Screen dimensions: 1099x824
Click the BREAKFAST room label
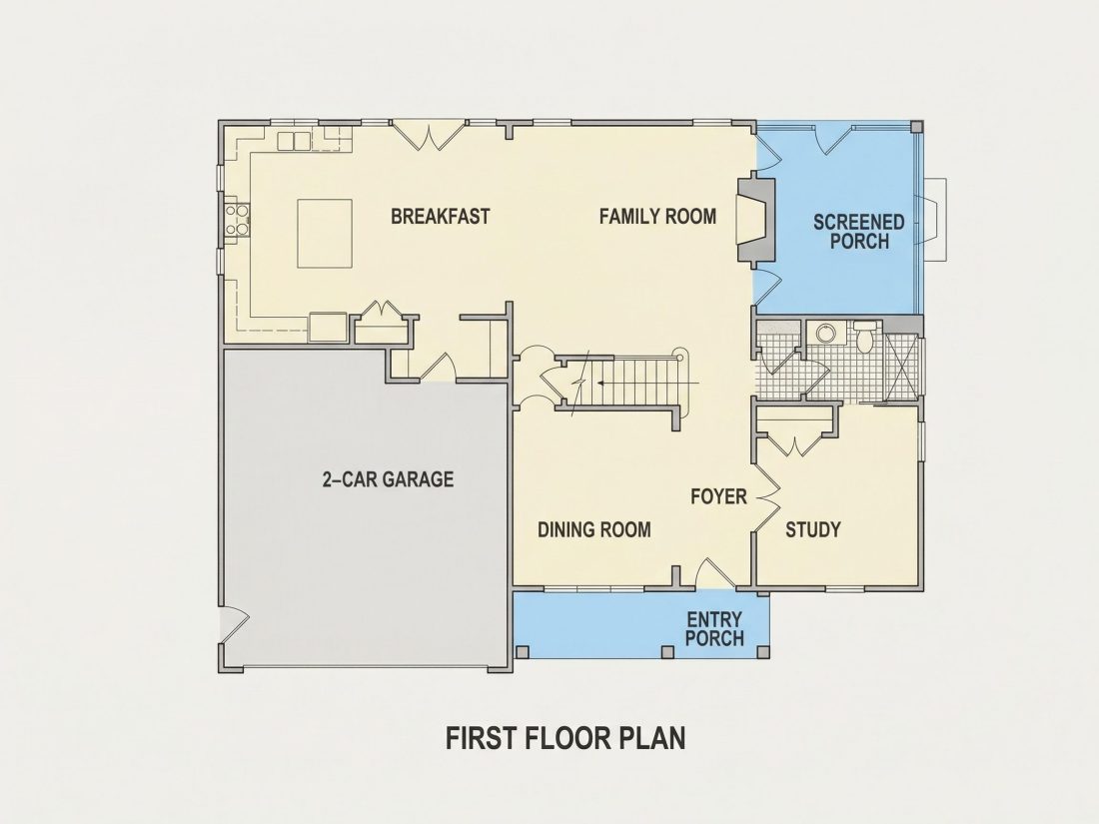[x=441, y=216]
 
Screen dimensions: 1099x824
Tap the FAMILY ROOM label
[x=657, y=216]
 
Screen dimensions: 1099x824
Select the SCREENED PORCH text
[x=858, y=232]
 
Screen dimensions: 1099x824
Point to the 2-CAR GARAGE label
[x=388, y=479]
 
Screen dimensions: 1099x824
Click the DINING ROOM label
[x=593, y=529]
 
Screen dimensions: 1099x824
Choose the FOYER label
[x=718, y=496]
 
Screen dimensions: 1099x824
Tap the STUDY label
[x=812, y=529]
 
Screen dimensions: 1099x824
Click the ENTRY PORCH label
[x=714, y=629]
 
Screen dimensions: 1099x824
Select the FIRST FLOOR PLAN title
[x=565, y=738]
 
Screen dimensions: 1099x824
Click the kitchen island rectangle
[x=325, y=234]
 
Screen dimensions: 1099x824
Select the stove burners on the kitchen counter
[x=237, y=218]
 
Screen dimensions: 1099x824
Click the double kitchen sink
[x=294, y=141]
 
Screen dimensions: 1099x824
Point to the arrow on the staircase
[x=647, y=384]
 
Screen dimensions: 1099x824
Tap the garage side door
[x=235, y=623]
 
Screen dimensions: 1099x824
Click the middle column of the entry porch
[x=667, y=652]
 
